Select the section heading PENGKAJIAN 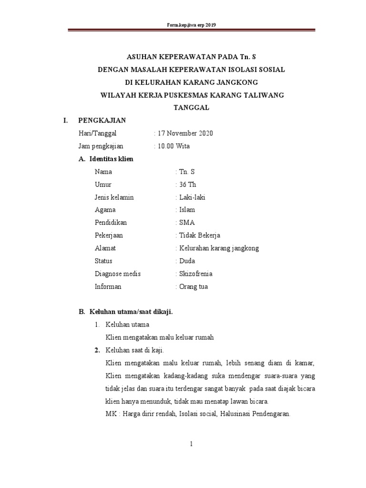[102, 121]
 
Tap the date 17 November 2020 [185, 133]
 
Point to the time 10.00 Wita [173, 146]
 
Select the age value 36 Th [188, 184]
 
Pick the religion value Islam [187, 210]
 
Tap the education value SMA [187, 223]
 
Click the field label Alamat [105, 248]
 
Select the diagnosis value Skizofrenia [195, 274]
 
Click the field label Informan [108, 287]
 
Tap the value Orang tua [193, 287]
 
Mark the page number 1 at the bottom [192, 444]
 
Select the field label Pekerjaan [110, 235]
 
